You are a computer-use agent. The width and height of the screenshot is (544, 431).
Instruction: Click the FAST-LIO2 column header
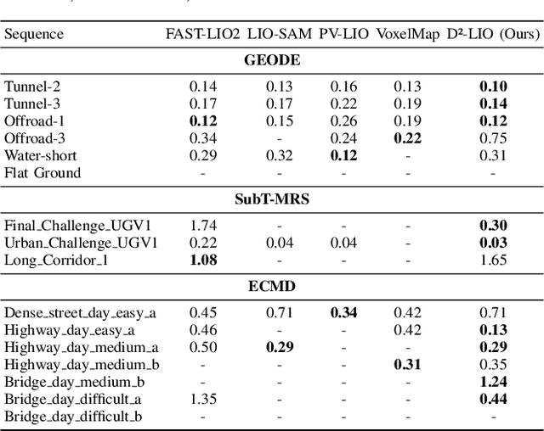pos(203,34)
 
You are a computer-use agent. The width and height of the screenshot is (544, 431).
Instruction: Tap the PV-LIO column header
pos(344,34)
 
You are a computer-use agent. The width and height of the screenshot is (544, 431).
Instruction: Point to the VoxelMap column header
pos(407,34)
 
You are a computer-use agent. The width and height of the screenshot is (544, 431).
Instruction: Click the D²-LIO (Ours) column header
pos(493,34)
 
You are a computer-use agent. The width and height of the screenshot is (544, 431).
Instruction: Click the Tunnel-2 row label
pos(32,86)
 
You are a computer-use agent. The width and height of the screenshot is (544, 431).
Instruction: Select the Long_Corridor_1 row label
pos(56,260)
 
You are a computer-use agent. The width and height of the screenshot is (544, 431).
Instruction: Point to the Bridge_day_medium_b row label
pos(81,382)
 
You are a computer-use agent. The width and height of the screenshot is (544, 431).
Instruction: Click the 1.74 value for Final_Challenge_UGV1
pos(203,225)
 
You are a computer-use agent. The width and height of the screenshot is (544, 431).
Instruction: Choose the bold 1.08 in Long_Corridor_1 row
pos(203,260)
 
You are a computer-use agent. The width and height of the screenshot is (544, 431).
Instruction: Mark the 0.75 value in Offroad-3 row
pos(493,138)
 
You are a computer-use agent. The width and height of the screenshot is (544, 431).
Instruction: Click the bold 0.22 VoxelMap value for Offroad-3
pos(407,138)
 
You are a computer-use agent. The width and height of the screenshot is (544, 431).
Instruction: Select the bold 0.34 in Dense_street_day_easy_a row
pos(344,312)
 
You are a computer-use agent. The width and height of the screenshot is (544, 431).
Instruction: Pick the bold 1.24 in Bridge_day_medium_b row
pos(493,382)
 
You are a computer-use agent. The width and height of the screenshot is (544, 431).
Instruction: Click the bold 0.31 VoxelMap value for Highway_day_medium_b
pos(407,365)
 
